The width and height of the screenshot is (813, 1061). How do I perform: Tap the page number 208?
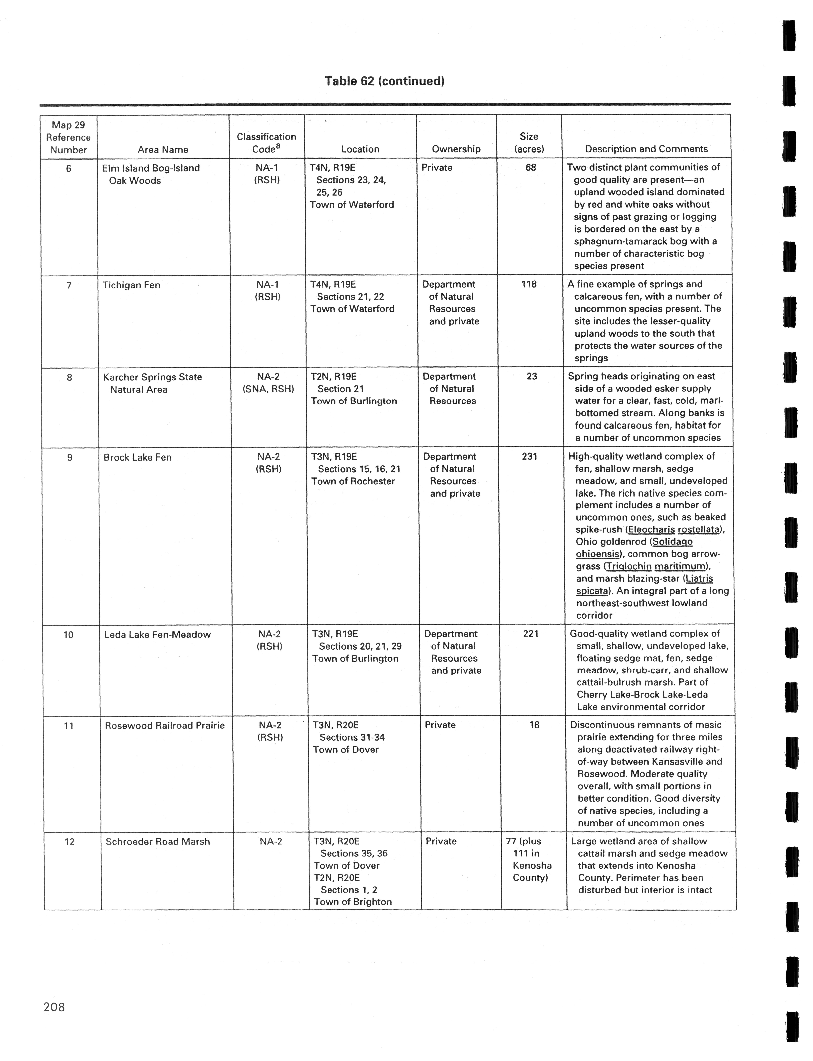pos(54,1007)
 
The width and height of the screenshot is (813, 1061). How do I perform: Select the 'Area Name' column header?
pos(163,149)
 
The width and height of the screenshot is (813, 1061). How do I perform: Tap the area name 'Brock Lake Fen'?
pos(137,457)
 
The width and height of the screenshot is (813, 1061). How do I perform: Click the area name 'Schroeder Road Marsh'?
pos(158,841)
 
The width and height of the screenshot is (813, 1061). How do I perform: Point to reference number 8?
pos(69,377)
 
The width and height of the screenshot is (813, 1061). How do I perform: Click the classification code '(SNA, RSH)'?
pos(268,389)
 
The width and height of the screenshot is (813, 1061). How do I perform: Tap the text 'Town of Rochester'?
pos(353,481)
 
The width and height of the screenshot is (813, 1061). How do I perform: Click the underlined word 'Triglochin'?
pos(629,566)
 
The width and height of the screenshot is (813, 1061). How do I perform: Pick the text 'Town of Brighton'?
pos(353,902)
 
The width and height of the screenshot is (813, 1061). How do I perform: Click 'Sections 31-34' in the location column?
pos(352,737)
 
